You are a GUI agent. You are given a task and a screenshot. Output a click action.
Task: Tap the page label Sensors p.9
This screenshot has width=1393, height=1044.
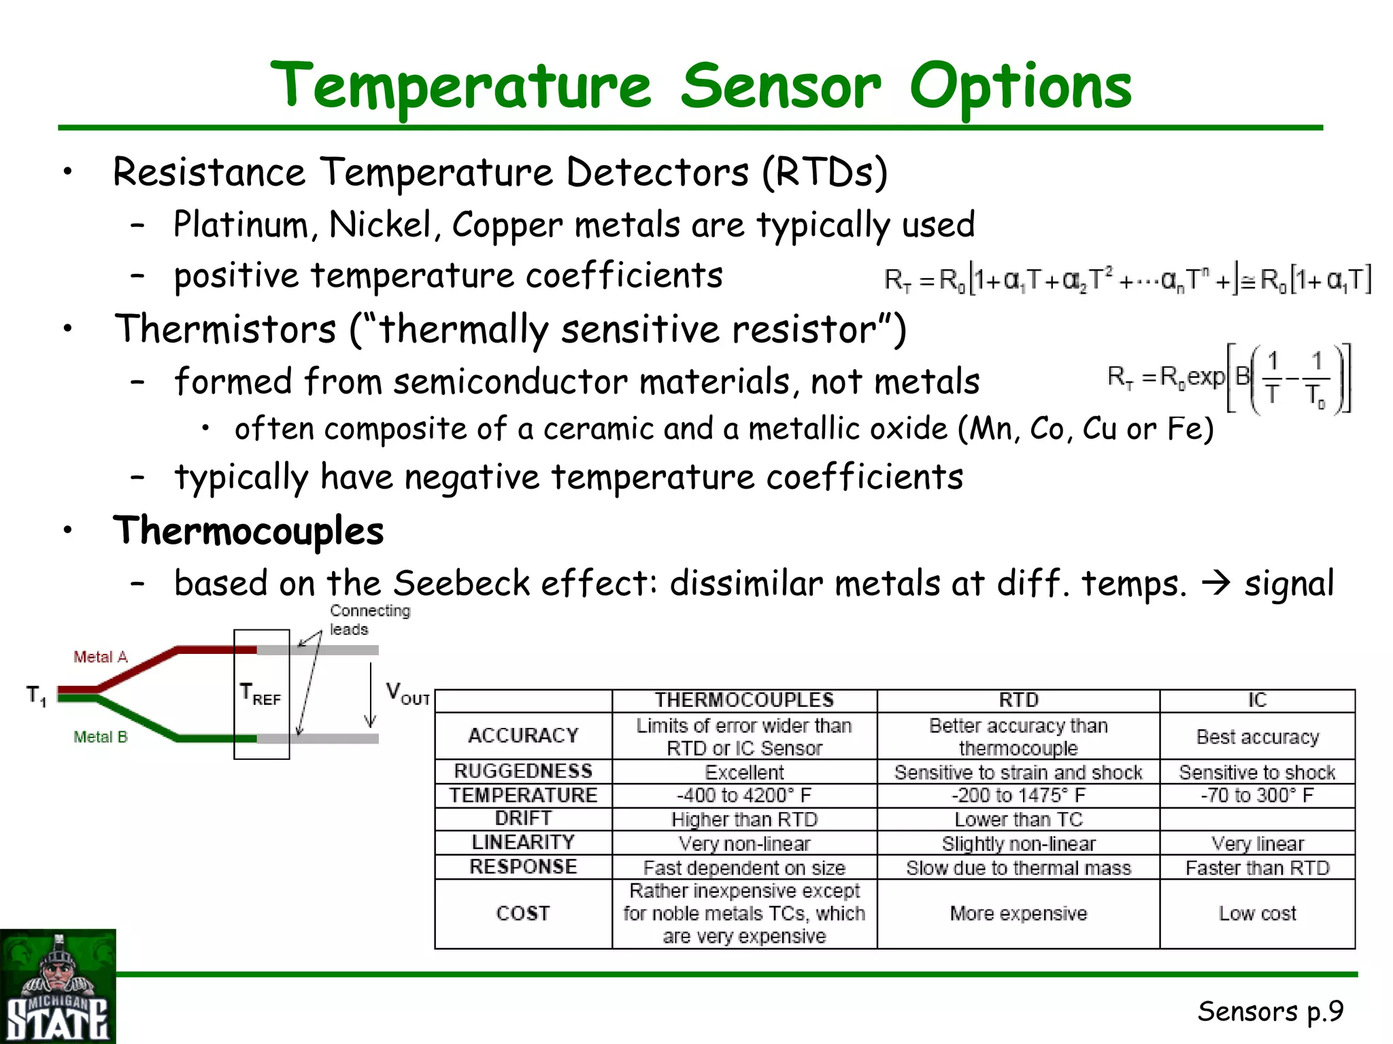tap(1270, 1011)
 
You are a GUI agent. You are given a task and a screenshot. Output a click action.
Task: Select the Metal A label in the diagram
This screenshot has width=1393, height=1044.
tap(101, 657)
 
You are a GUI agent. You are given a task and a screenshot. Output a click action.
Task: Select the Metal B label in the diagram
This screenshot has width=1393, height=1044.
tap(101, 737)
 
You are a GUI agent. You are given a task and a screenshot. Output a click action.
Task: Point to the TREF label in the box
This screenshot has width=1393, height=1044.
tap(261, 695)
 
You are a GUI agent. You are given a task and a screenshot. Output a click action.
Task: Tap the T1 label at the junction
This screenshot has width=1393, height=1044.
tap(36, 696)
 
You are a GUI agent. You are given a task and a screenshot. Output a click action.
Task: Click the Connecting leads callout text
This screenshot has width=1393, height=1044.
tap(369, 620)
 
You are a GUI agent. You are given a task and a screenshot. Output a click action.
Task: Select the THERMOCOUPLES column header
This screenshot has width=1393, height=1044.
tap(744, 701)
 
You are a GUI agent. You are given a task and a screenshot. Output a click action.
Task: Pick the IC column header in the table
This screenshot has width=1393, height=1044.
tap(1257, 701)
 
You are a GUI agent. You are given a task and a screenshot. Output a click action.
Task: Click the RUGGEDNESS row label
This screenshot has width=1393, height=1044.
tap(523, 771)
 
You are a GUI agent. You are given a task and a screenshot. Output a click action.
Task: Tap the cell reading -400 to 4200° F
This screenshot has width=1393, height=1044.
tap(744, 796)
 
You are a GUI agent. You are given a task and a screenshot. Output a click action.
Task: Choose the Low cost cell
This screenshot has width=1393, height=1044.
tap(1257, 913)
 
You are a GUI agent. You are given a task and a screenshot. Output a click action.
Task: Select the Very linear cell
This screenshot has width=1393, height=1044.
tap(1257, 844)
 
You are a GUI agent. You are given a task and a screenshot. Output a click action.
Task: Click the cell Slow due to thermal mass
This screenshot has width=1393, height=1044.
tap(1018, 869)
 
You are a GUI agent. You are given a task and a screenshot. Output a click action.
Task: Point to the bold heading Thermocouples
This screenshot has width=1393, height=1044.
tap(249, 531)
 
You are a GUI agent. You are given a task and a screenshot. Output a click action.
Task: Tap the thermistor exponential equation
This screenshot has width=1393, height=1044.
tap(1228, 379)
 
